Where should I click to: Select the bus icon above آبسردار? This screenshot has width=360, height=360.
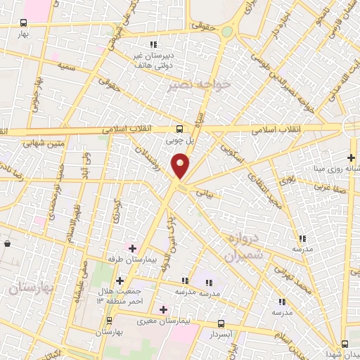pos(222,324)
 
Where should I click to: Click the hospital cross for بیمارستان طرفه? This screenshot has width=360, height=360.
pos(132,247)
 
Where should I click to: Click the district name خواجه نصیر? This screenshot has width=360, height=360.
pos(190,85)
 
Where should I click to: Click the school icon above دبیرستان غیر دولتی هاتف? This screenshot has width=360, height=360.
pos(153,45)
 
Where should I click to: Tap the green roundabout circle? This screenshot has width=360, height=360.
pos(226,32)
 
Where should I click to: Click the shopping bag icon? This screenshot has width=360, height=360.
pos(7,243)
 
